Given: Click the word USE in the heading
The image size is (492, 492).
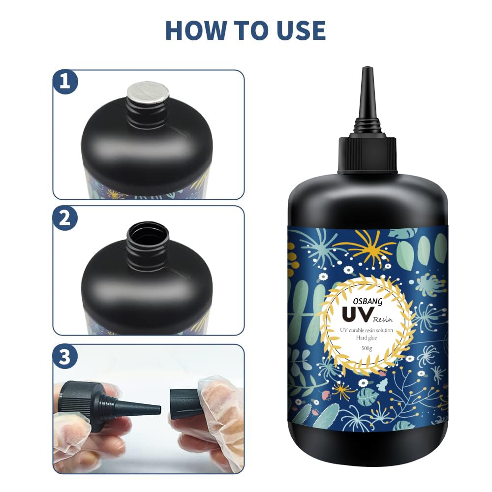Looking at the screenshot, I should click(x=299, y=30).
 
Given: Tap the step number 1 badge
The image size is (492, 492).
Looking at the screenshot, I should click(x=65, y=82).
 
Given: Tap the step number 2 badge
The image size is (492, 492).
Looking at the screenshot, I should click(x=65, y=219).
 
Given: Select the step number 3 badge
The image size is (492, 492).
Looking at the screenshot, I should click(x=65, y=357).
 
